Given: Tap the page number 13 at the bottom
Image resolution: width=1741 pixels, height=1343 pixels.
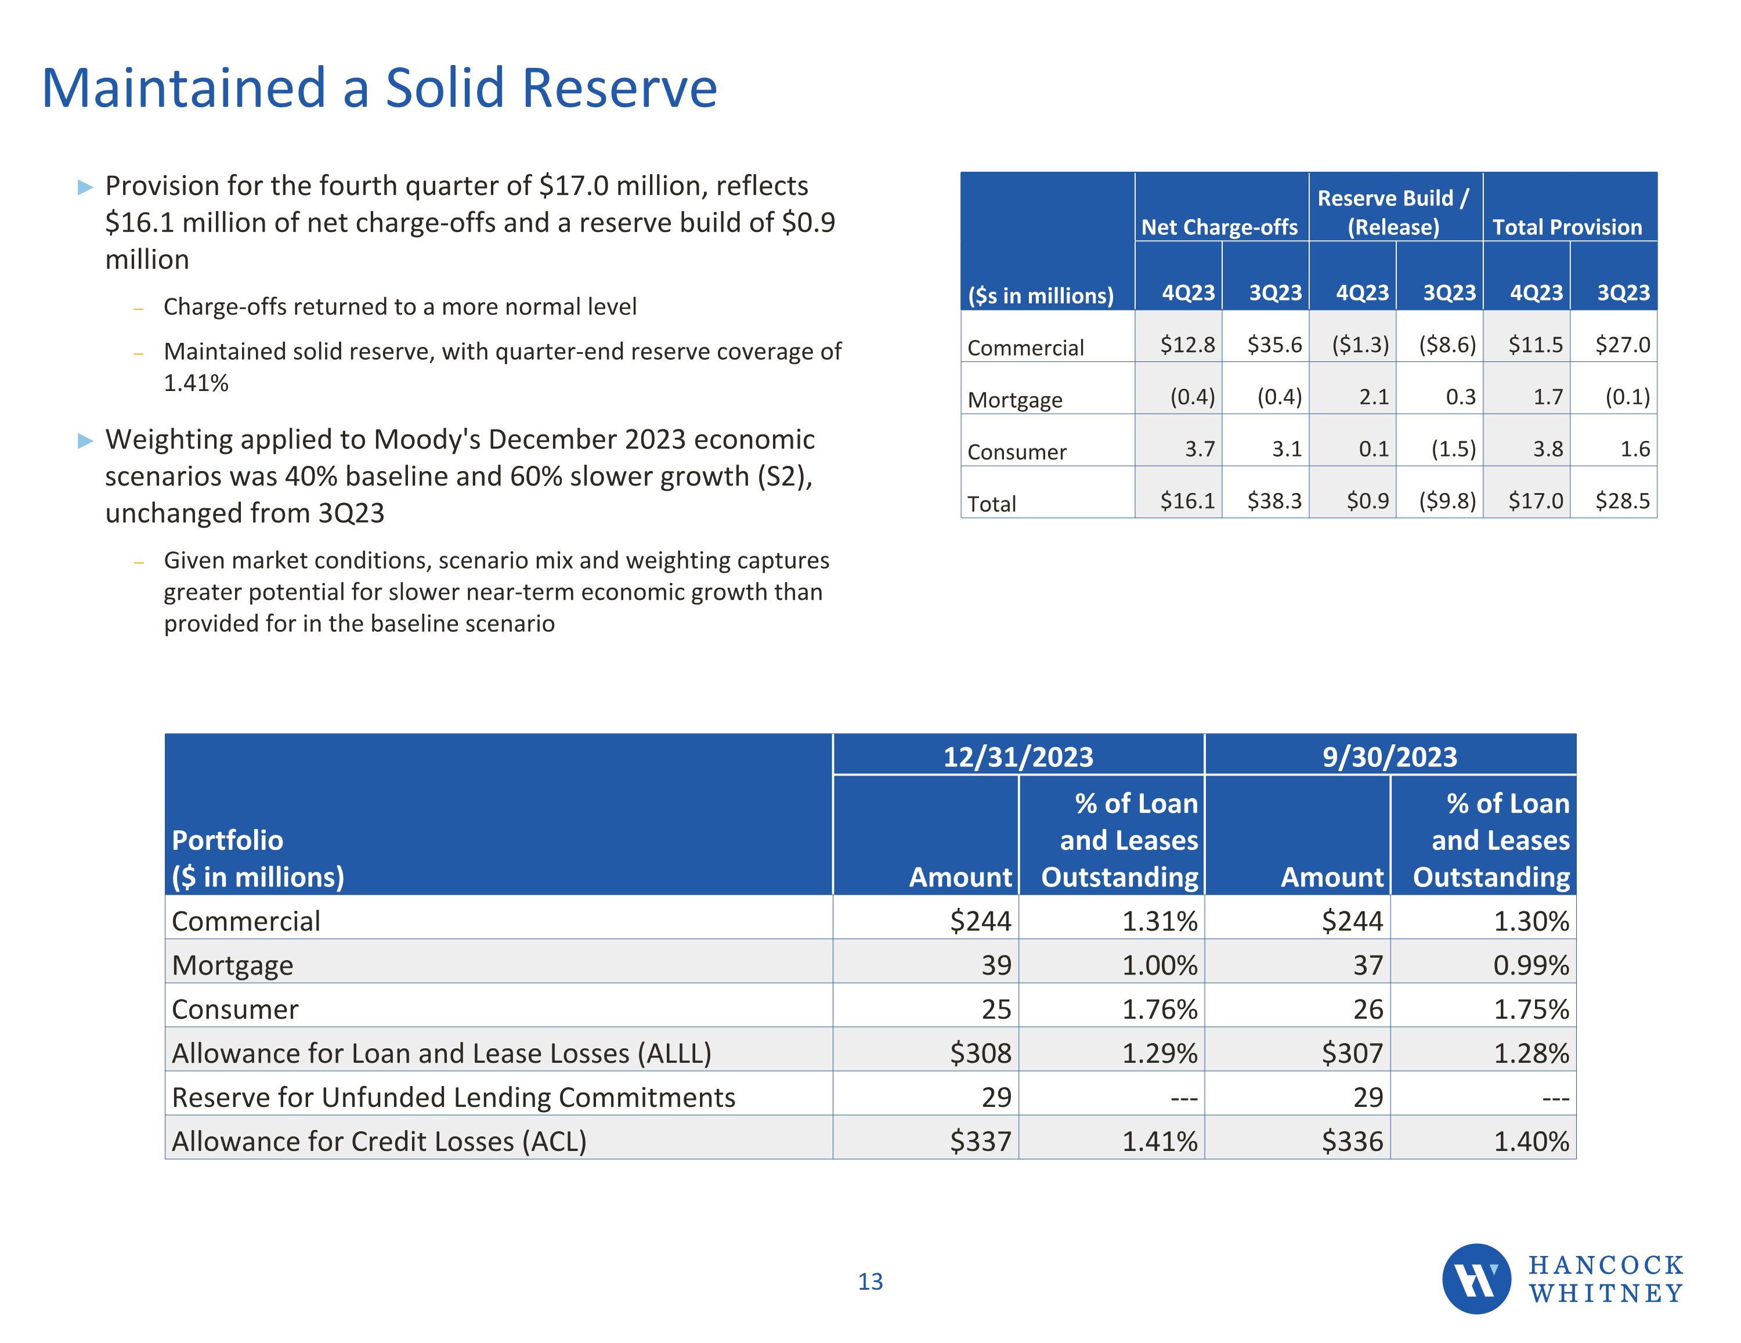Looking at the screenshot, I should tap(870, 1281).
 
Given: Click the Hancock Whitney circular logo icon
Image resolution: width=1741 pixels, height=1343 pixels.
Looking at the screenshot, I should tap(1476, 1279).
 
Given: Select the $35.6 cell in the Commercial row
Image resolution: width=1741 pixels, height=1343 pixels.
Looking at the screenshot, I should tap(1274, 345).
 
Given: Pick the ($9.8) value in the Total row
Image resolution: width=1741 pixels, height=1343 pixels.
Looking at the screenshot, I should tap(1447, 501).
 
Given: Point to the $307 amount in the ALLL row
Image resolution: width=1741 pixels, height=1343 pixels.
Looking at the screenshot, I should tap(1352, 1053).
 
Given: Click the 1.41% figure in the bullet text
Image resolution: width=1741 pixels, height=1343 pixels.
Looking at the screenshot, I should tap(196, 383).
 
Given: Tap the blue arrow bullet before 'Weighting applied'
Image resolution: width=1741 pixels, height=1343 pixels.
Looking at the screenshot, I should tap(85, 441).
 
